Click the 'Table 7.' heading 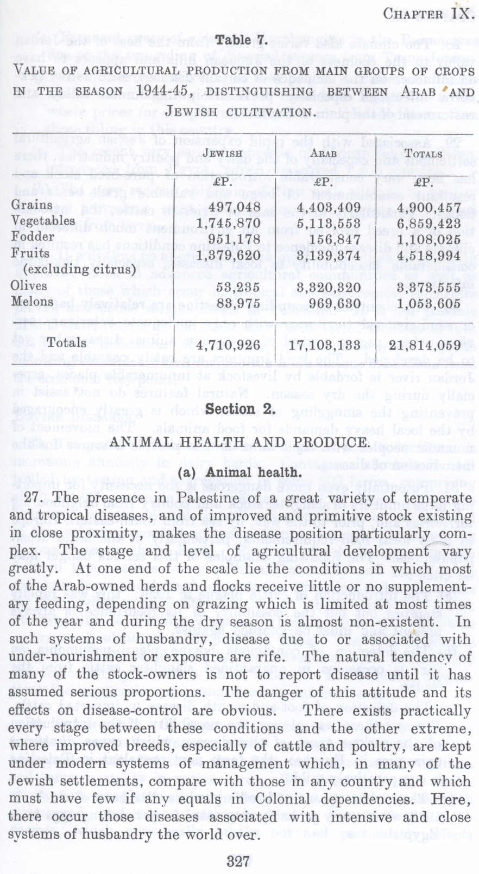click(x=239, y=40)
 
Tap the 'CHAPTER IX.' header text click(x=428, y=13)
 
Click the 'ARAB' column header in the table click(x=323, y=154)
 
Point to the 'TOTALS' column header click(x=423, y=154)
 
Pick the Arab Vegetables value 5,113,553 click(x=329, y=223)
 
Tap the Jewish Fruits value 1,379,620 click(x=228, y=254)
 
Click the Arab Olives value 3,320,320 click(x=329, y=287)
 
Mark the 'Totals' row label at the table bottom click(x=66, y=343)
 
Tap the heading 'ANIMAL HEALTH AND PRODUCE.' click(x=238, y=442)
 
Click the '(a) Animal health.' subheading click(x=239, y=472)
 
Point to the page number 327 click(x=238, y=861)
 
